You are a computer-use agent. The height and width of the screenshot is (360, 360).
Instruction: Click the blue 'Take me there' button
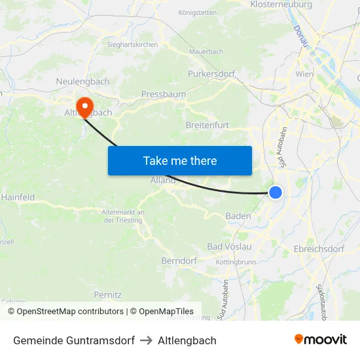coord(179,160)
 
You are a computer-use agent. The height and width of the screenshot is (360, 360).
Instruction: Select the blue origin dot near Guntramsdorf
coord(276,192)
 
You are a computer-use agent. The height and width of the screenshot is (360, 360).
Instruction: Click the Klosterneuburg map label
coord(281,5)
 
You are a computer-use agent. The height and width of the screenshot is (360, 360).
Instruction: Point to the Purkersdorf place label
coord(211,74)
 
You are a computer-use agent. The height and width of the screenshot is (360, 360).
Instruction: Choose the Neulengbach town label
coord(83,81)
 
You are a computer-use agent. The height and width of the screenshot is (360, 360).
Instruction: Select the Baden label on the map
coord(238,216)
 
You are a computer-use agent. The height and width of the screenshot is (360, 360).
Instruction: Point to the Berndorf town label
coord(179,261)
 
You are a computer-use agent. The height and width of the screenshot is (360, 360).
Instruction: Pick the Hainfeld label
coord(18,197)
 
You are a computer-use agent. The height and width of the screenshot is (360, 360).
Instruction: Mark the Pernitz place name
coord(108,295)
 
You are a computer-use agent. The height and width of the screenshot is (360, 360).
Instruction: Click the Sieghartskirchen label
coord(132,45)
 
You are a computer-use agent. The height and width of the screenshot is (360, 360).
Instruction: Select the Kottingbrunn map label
coord(236,262)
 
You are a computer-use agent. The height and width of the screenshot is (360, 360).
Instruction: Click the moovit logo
coord(320,340)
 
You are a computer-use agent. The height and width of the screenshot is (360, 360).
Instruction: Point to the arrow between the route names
coord(146,340)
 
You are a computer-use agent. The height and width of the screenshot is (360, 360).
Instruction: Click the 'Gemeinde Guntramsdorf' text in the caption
coord(74,340)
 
